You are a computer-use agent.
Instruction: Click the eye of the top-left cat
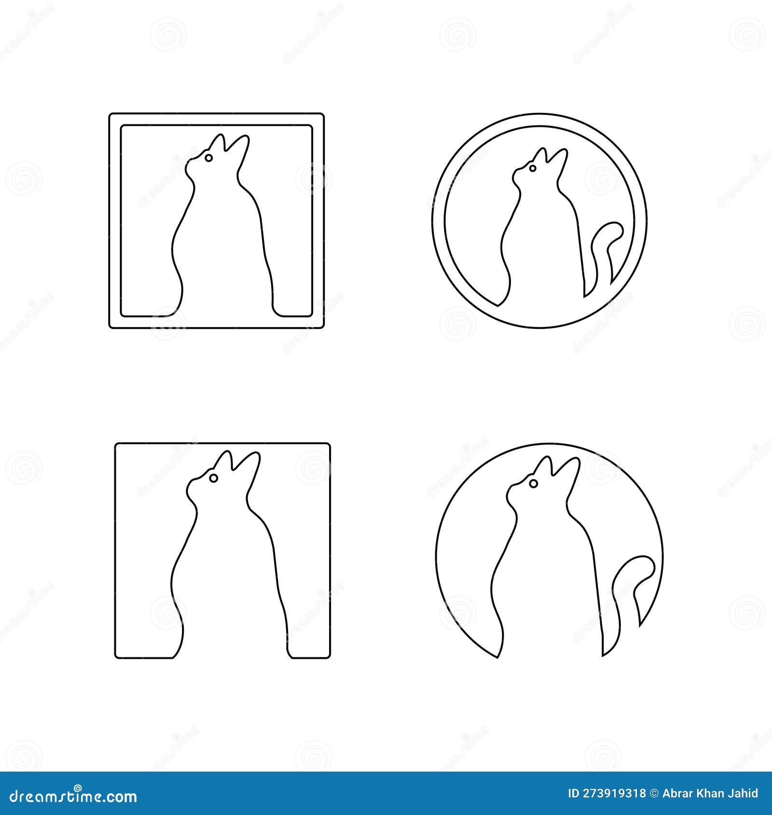click(x=208, y=158)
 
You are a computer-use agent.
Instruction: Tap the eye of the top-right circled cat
click(x=532, y=168)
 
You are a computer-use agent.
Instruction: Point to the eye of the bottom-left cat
click(x=213, y=477)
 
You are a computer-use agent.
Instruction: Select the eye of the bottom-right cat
click(x=533, y=483)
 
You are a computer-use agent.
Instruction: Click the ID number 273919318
click(x=613, y=793)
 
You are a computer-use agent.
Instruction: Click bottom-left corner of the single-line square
click(x=116, y=657)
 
